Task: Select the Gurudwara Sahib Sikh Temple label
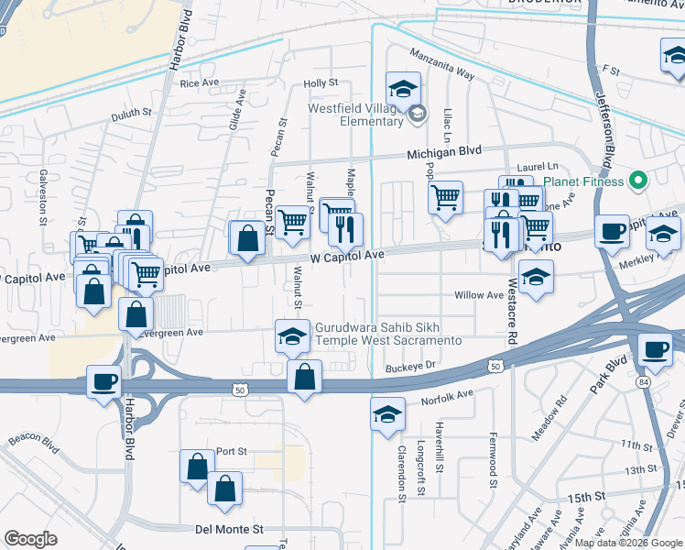click(388, 334)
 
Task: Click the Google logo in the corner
click(31, 538)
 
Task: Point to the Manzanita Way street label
click(441, 64)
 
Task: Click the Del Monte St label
click(229, 529)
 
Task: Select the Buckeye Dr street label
click(408, 365)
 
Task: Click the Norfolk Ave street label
click(447, 397)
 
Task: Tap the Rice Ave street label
click(200, 82)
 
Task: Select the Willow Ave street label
click(479, 295)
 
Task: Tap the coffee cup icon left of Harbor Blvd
click(103, 379)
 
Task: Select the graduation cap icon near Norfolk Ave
click(387, 413)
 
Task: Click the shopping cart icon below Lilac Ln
click(445, 196)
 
